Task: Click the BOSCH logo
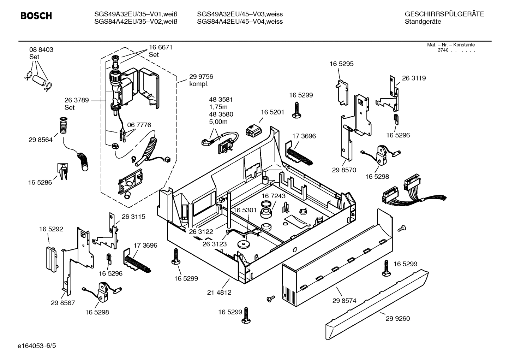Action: pos(36,16)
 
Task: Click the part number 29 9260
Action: pos(398,319)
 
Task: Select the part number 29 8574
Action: pos(344,301)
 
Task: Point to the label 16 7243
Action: pos(273,196)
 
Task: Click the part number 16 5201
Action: pos(272,112)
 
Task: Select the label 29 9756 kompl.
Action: pos(201,80)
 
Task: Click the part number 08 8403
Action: pos(41,50)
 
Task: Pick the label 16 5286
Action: pos(40,183)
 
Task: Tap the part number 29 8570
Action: pos(344,170)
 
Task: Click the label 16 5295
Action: pos(341,64)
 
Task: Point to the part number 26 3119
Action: pos(414,78)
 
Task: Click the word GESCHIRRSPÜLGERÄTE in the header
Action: pos(444,14)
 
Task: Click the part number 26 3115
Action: pos(133,217)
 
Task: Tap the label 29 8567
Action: pos(63,303)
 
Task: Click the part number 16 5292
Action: pos(51,229)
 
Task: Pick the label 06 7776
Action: pos(139,125)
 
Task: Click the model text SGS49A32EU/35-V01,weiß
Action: pos(136,14)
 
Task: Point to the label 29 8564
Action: pos(41,140)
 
